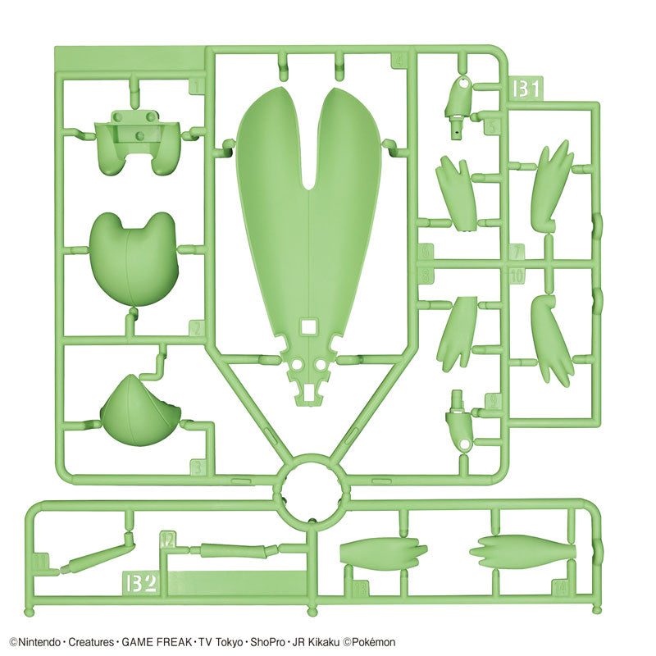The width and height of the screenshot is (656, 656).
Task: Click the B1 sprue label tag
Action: [526, 88]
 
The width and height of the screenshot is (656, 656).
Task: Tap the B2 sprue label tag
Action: [142, 582]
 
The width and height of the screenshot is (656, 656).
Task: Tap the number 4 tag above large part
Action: [400, 60]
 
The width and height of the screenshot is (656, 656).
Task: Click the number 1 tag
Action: [195, 85]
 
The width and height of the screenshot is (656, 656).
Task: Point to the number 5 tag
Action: [491, 126]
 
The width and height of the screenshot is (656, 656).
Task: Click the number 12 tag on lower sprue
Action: [167, 539]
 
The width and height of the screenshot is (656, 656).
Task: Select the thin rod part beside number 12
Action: [233, 550]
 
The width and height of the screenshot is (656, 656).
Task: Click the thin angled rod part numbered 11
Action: [95, 555]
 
